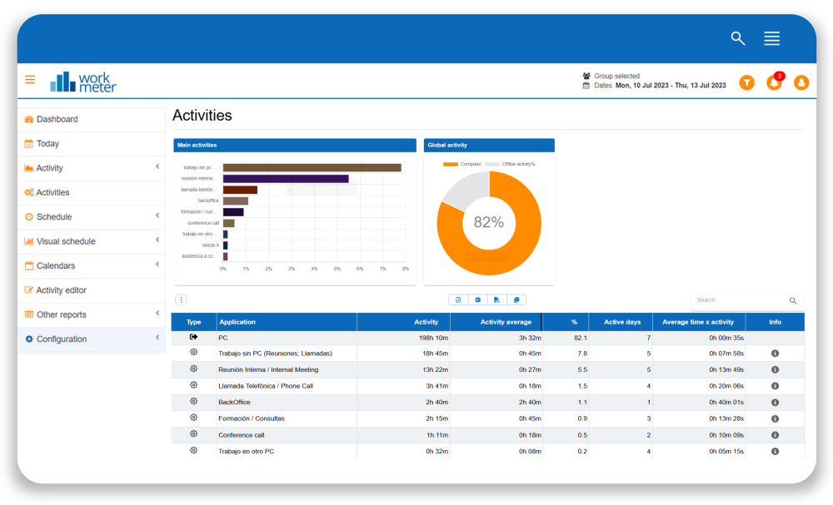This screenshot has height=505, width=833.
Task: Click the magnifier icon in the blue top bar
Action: point(737,38)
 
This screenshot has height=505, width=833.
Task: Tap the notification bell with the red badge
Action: point(774,82)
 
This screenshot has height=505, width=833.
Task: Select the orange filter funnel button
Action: point(747,82)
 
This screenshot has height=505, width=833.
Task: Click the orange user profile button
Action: point(801,82)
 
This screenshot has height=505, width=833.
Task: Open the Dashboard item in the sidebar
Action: point(57,119)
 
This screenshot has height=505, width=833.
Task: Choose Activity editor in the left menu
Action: point(61,290)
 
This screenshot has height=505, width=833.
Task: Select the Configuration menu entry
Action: point(61,339)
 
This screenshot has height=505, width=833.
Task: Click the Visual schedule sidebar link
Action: point(66,241)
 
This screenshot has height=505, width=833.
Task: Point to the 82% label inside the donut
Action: point(489,222)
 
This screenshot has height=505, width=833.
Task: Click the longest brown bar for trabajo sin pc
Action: point(312,167)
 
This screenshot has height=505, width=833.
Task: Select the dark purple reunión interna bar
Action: point(285,179)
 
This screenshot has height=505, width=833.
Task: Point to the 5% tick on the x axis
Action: point(337,269)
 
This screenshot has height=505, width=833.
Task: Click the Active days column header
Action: point(622,322)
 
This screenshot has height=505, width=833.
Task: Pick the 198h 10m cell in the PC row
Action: point(432,338)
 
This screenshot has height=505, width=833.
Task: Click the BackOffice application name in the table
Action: point(234,402)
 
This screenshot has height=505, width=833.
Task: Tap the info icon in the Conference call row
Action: point(775,434)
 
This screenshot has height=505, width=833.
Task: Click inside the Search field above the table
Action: point(738,300)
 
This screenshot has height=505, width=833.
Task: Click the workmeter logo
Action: point(83,82)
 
